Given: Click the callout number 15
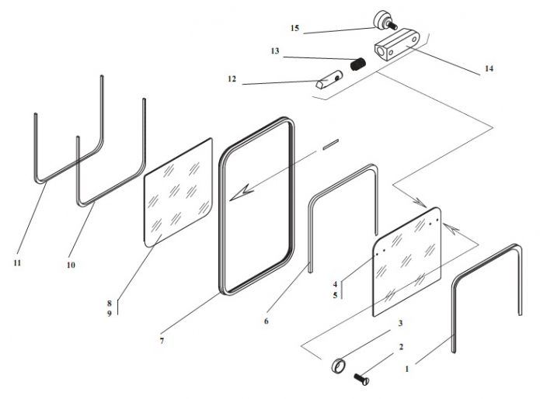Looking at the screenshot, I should pos(294,29).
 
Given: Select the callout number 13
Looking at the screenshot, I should pos(274,51).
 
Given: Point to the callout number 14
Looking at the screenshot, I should pos(488,68).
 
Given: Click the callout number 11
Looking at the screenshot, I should pos(17,262).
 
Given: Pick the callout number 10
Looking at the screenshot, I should pos(71,265).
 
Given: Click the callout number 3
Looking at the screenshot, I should pos(400,323).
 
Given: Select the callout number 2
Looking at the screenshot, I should pos(400,347).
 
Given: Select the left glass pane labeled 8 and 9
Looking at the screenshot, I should pos(179,193).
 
